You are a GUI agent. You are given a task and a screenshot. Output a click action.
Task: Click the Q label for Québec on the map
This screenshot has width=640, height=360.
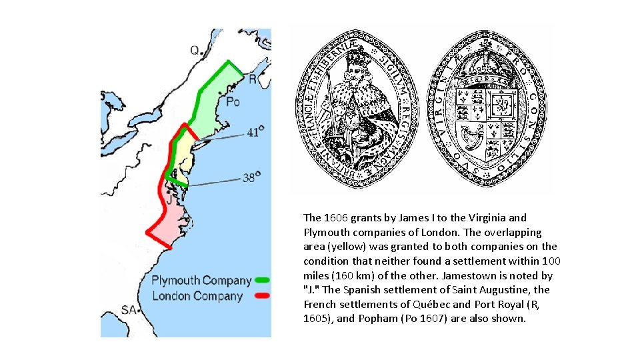tap(195, 50)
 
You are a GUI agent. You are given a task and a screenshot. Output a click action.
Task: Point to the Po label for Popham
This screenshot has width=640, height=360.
tap(232, 102)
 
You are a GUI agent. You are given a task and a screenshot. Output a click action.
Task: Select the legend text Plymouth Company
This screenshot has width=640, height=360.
tap(201, 281)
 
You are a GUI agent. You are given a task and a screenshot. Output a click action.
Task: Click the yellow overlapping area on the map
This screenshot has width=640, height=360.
tap(182, 155)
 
